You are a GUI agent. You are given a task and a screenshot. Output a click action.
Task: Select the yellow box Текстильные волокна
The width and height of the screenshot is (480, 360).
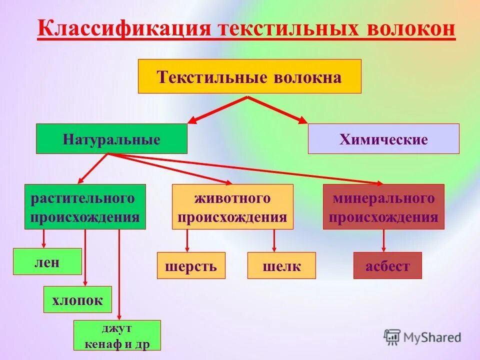249,76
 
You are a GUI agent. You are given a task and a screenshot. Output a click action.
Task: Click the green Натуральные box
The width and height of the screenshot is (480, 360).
111,138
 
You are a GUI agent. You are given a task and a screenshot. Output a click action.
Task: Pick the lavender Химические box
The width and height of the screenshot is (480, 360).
383,138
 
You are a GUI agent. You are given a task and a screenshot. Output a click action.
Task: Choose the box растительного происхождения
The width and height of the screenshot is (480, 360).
85,206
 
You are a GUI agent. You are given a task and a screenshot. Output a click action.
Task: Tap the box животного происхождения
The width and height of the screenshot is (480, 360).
232,206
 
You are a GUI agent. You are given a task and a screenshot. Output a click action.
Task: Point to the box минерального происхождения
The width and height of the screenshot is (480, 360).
383,206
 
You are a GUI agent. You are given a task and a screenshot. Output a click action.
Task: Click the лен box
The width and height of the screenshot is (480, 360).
47,261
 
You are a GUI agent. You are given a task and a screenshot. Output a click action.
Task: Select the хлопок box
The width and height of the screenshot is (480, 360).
77,299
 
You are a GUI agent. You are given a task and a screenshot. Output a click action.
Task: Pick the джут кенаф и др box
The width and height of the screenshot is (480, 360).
117,335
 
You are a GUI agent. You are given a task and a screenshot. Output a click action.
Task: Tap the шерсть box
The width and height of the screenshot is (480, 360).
191,265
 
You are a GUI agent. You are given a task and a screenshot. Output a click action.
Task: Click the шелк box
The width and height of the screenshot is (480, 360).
281,265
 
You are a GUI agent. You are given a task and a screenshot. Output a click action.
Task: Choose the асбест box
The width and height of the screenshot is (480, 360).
387,265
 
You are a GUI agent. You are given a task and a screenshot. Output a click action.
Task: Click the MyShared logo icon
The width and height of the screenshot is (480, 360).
392,337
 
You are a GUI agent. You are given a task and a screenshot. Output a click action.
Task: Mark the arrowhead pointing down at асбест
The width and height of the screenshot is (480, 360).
384,248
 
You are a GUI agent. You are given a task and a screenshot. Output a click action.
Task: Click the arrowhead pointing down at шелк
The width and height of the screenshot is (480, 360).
274,248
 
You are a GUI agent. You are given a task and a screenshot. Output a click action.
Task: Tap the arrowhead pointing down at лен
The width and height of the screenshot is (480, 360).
44,245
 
